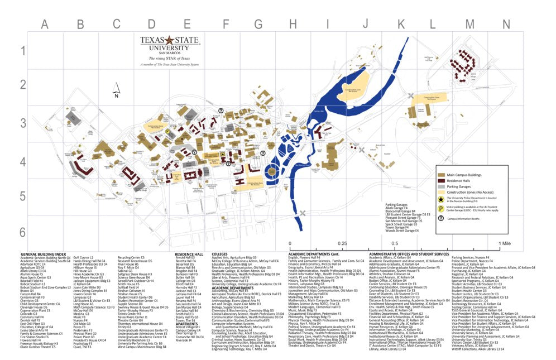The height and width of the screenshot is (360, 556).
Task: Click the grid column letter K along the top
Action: click(x=400, y=25)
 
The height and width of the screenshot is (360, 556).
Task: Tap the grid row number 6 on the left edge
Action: click(x=22, y=232)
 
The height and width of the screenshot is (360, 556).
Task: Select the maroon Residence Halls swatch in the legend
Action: click(x=442, y=181)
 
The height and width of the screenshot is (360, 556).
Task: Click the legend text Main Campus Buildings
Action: click(x=466, y=175)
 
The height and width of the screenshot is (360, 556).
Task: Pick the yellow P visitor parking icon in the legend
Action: click(x=442, y=208)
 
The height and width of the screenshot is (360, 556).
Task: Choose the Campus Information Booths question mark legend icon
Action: click(x=442, y=219)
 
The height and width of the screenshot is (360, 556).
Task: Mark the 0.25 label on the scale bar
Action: click(x=341, y=244)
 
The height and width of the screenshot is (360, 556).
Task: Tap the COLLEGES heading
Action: click(x=219, y=253)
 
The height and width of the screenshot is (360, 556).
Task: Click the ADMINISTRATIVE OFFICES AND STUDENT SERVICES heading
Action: click(x=409, y=253)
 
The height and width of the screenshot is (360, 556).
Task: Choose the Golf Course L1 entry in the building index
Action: click(x=83, y=257)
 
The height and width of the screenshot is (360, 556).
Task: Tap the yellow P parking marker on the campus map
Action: click(x=167, y=132)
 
